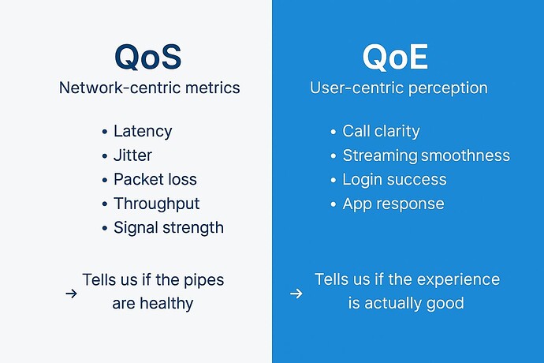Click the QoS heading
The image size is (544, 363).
(149, 56)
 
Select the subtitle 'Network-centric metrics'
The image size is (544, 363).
(149, 88)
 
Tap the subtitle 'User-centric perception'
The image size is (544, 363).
(398, 88)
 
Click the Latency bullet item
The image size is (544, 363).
(142, 131)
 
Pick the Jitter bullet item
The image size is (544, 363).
(132, 155)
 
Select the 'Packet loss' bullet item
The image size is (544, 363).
(155, 179)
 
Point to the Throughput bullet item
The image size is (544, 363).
(156, 204)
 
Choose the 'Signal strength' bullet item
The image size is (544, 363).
(168, 227)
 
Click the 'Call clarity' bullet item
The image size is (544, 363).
(381, 131)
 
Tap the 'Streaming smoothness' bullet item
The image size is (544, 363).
(426, 155)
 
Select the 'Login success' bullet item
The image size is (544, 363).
(394, 179)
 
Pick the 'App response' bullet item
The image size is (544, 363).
(393, 204)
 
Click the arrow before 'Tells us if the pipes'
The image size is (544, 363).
(71, 293)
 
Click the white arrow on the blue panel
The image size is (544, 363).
(296, 293)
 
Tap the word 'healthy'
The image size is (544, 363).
(165, 303)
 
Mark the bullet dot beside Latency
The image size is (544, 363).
(105, 132)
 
